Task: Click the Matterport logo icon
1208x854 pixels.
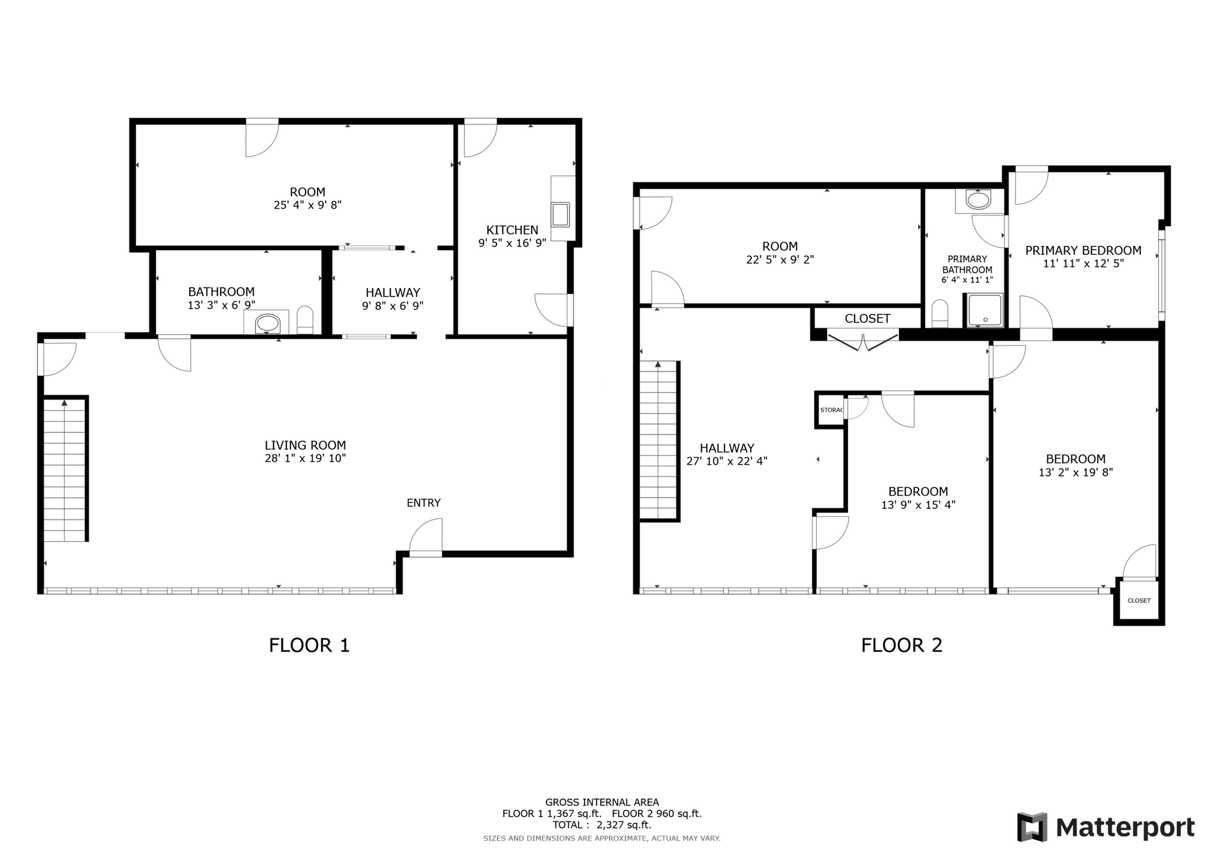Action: coord(1032,827)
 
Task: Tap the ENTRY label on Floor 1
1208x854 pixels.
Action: coord(423,502)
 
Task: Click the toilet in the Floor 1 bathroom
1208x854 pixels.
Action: coord(305,320)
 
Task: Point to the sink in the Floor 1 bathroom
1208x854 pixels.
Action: coord(268,323)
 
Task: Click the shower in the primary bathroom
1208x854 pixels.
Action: coord(985,310)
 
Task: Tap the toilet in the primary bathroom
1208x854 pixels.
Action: coord(940,313)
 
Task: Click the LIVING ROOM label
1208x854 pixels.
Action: coord(305,445)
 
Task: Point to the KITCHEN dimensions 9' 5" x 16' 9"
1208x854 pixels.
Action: coord(512,243)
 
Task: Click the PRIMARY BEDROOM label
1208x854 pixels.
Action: coord(1083,250)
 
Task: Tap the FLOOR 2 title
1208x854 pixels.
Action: coord(901,645)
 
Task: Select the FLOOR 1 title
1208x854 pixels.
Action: coord(309,645)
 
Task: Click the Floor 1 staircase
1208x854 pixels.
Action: coord(65,469)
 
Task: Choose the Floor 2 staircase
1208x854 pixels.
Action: coord(659,441)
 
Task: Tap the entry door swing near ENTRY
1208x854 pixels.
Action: coord(425,536)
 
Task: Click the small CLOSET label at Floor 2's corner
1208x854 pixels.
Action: coord(1139,600)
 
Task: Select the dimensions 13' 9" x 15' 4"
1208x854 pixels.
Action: coord(918,505)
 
